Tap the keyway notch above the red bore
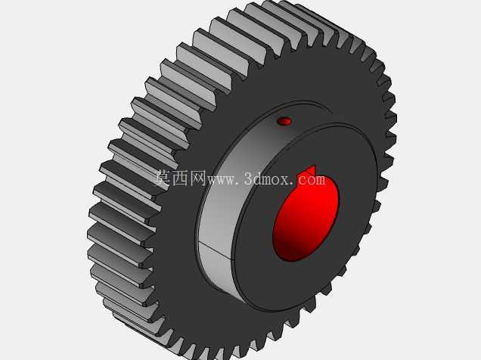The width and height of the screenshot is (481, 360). click(311, 170)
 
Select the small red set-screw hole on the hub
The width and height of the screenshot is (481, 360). click(284, 121)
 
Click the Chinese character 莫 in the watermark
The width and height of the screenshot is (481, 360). click(163, 178)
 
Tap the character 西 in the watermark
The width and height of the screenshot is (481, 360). click(181, 178)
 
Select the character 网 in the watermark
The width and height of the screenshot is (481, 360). click(198, 178)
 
